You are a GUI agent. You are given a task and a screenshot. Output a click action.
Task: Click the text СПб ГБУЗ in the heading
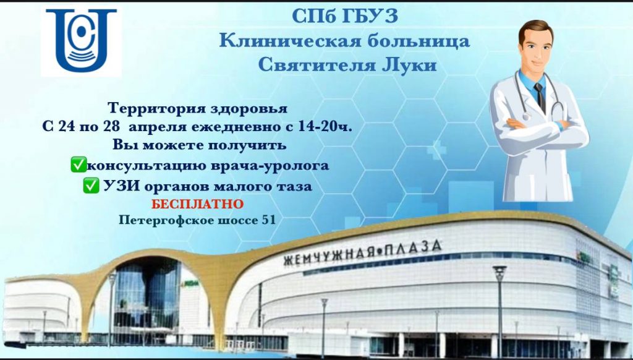[x=345, y=16]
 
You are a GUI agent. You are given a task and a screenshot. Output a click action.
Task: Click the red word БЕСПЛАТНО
[x=198, y=204]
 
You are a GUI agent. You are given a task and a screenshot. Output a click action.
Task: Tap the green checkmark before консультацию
[x=79, y=165]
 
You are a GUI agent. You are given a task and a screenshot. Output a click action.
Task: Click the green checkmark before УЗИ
[x=91, y=186]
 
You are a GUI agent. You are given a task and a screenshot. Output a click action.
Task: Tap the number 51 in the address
[x=270, y=220]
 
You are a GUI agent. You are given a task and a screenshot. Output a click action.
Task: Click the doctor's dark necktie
[x=540, y=97]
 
